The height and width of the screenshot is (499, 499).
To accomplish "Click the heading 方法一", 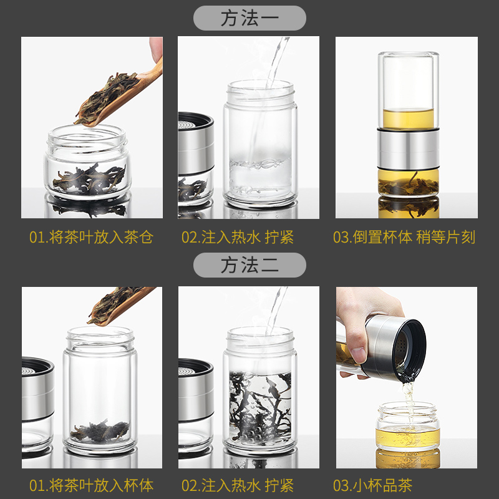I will [x=249, y=18].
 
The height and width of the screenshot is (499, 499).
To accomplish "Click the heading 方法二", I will [x=249, y=266].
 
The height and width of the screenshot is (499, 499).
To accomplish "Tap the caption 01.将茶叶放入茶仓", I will [x=91, y=238].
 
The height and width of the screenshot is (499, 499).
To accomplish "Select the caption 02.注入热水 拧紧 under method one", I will [x=237, y=238].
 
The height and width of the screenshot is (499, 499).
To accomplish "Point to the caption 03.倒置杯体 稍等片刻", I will [x=404, y=238].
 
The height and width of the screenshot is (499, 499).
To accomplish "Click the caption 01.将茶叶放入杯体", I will [x=91, y=485].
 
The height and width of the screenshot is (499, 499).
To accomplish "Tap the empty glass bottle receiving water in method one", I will [x=259, y=147].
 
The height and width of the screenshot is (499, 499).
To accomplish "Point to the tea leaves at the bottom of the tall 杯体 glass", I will [x=100, y=430].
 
